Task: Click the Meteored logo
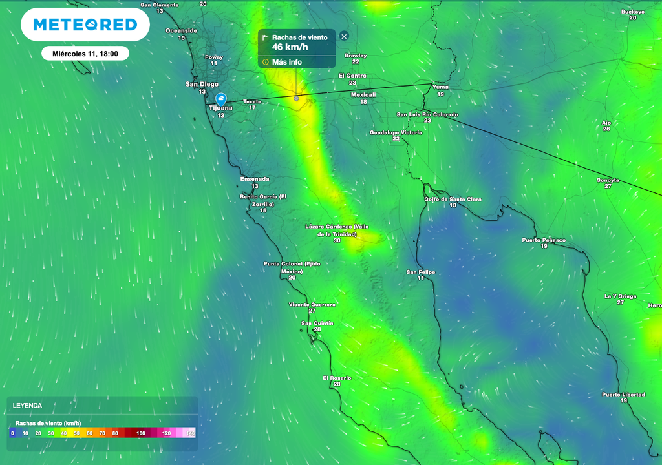tap(85, 25)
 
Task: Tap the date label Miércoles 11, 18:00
tap(85, 54)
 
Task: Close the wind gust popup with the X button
tap(344, 37)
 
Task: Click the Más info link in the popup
tap(286, 62)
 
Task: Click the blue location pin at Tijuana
tap(220, 99)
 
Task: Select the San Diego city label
tap(202, 84)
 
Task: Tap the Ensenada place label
tap(254, 179)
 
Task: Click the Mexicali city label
tap(363, 94)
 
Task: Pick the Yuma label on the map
tap(440, 87)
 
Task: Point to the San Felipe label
tap(420, 272)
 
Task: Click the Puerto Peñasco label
tap(544, 240)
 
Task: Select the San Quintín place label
tap(317, 323)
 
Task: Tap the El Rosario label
tap(337, 377)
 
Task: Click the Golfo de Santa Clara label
tap(453, 199)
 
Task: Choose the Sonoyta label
tap(608, 180)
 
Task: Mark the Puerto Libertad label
tap(623, 394)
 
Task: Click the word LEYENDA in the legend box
tap(28, 406)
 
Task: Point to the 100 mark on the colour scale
tap(141, 433)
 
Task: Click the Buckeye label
tap(632, 12)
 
